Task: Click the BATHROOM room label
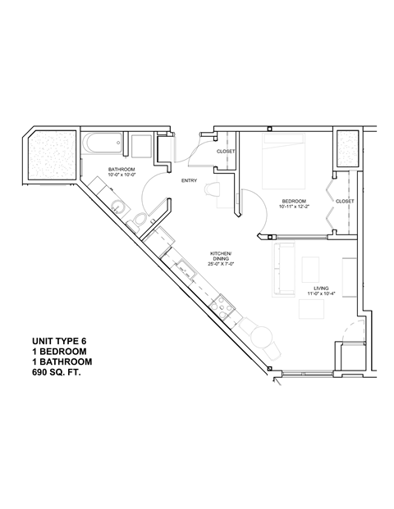click(x=121, y=169)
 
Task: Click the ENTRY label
click(x=188, y=182)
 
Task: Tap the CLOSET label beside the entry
click(x=227, y=152)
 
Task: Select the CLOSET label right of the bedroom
click(x=345, y=201)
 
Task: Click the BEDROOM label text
click(x=294, y=201)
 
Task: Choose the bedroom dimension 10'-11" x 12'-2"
click(x=294, y=207)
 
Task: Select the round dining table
click(x=262, y=335)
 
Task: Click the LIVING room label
click(x=321, y=289)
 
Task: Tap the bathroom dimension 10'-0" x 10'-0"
click(x=121, y=175)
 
